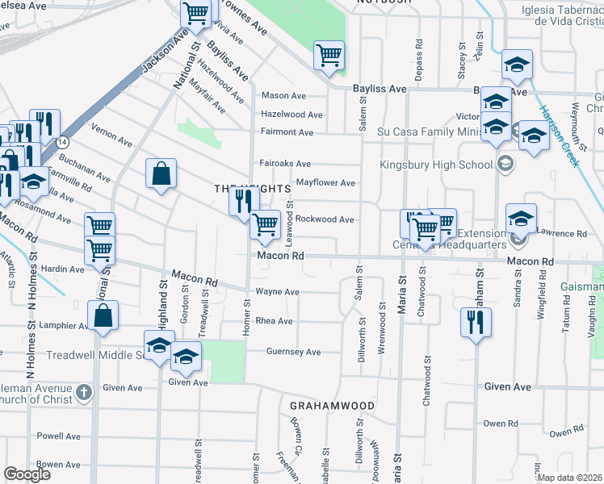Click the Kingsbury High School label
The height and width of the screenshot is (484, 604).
point(436,165)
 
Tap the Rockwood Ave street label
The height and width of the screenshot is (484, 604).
point(325,219)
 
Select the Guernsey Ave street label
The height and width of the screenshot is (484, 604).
point(295,352)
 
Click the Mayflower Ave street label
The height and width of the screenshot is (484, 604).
point(326,183)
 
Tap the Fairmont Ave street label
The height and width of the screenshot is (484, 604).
point(287,132)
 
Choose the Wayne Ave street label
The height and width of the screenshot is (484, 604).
point(278,292)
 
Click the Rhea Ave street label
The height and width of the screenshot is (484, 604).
point(274,321)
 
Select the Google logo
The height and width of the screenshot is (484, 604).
point(27,474)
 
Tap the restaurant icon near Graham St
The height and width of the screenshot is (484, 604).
point(475,322)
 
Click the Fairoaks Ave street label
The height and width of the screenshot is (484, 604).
point(286,164)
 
